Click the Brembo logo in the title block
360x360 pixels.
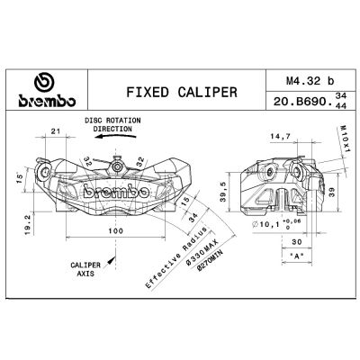click(47, 90)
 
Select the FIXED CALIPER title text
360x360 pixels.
click(182, 92)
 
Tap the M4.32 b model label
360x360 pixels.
click(310, 81)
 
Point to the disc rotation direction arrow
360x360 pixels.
click(115, 137)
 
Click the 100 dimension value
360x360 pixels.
click(115, 230)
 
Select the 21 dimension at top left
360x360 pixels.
click(56, 131)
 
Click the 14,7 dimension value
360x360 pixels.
click(280, 137)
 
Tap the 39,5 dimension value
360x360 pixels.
click(223, 193)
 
